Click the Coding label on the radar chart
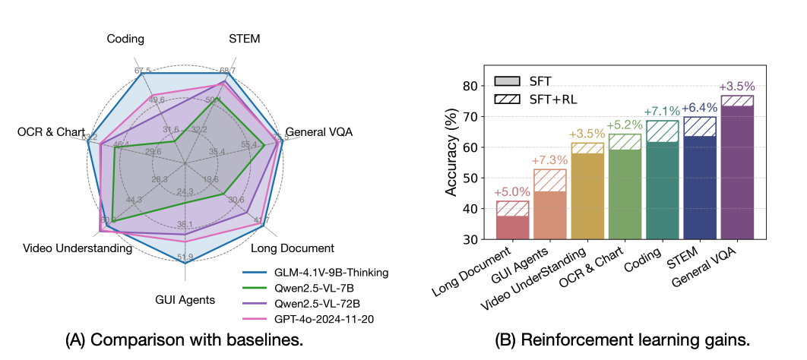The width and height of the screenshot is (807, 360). click(125, 39)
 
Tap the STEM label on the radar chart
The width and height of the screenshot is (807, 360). click(245, 39)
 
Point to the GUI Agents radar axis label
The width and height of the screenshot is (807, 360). click(184, 299)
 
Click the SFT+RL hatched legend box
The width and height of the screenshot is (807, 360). click(506, 99)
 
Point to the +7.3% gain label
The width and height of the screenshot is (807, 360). click(549, 161)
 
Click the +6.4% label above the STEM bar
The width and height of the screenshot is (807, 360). click(699, 109)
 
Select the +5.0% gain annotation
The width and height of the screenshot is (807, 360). click(512, 193)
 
